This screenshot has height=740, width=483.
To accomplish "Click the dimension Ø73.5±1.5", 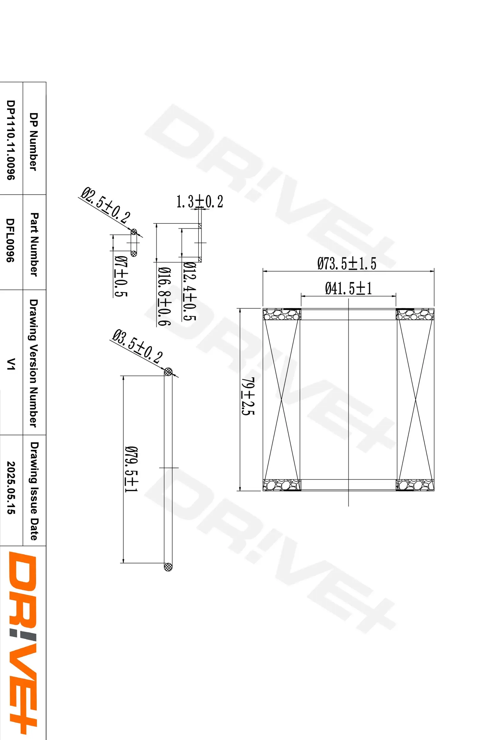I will pos(346,263).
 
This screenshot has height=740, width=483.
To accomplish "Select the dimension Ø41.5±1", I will pos(348,288).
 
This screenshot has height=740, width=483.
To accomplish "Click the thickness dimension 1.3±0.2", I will pos(199,202).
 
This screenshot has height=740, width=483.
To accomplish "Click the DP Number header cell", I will pos(33,141).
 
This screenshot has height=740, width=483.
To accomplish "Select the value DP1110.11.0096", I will pos(11,140).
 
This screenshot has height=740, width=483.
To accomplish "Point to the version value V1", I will pos(11,363).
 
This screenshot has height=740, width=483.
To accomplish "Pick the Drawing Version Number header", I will pos(33,363).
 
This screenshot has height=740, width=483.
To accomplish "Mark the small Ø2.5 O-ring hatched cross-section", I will pos(134,232).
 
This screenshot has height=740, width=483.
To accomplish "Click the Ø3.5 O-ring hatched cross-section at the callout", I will pos(168,371).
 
